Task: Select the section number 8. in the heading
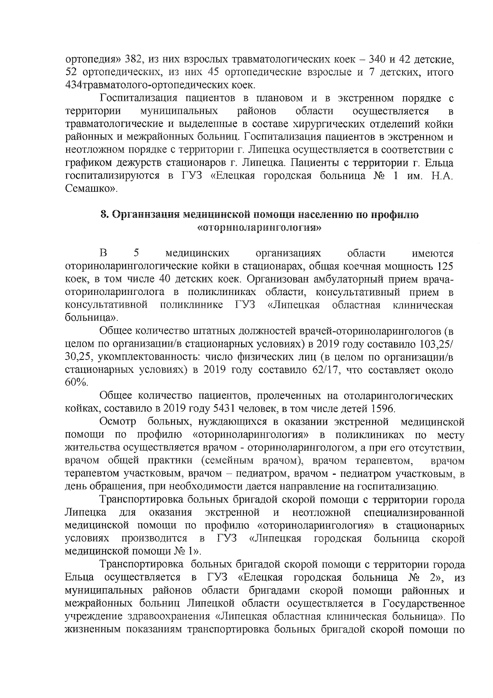[x=105, y=215]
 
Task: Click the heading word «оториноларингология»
[x=259, y=227]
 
